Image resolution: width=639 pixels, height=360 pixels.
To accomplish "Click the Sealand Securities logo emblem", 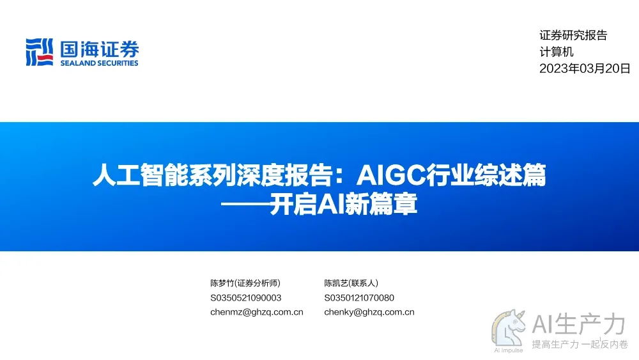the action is [39, 52].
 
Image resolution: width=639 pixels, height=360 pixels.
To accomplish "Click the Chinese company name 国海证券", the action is [100, 49].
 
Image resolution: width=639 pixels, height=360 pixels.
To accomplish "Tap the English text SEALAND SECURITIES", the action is [100, 63].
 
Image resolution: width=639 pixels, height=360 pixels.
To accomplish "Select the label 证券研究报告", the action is [573, 35].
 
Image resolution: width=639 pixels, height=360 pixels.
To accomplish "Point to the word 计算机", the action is [557, 52].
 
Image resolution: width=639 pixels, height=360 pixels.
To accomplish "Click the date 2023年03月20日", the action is [585, 68].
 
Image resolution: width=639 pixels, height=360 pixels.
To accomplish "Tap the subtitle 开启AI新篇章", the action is [343, 204].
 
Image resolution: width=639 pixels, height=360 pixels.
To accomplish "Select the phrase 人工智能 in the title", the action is [140, 175].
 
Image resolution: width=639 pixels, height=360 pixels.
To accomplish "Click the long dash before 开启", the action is [245, 204].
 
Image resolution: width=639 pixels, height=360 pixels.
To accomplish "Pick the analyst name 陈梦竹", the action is [222, 283].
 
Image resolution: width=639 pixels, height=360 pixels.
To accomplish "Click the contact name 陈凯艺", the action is [336, 283].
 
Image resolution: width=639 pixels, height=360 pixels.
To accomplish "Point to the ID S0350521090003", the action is [246, 298].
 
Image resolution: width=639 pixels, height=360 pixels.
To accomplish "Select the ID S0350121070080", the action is [359, 298].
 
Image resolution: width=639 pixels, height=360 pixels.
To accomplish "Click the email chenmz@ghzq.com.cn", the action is [257, 312].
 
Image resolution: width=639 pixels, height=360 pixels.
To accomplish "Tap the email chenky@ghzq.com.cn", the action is [369, 312].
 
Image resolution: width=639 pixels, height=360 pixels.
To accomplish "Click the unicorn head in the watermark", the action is [509, 328].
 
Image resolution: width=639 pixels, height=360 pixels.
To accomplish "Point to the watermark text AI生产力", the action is [579, 324].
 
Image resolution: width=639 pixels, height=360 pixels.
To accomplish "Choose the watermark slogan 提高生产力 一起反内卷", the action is [580, 345].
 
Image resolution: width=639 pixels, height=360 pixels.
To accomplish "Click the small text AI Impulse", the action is [509, 350].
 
